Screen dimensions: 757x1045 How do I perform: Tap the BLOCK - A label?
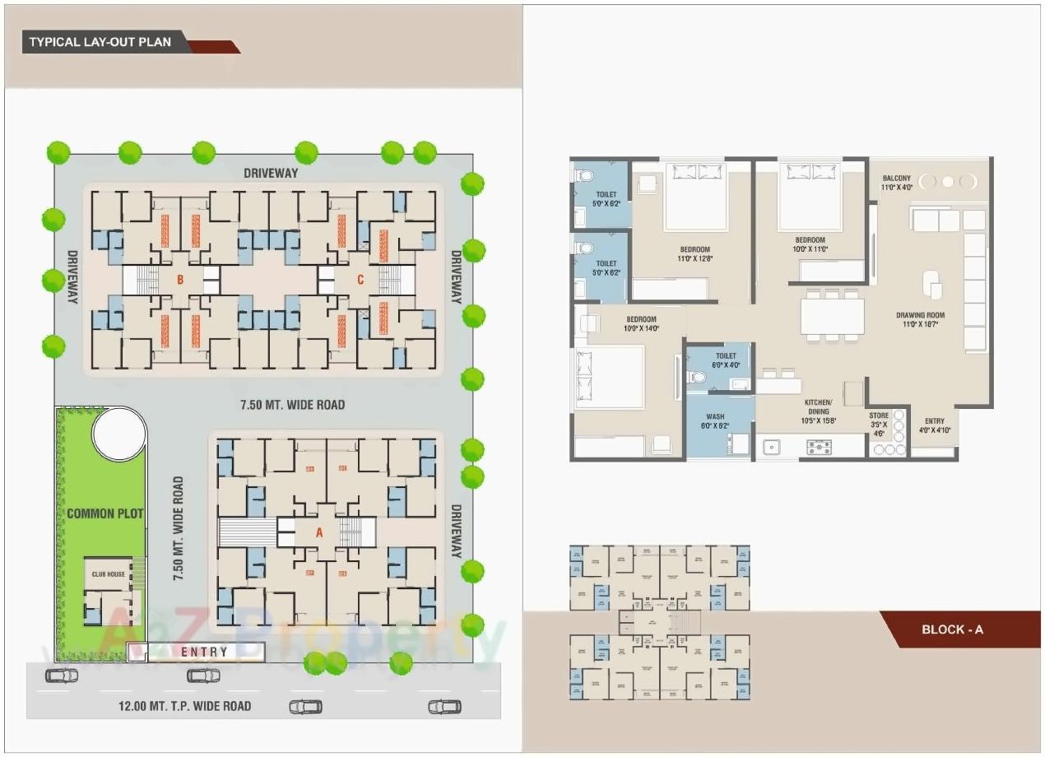[952, 629]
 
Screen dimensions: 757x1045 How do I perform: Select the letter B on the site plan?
[179, 280]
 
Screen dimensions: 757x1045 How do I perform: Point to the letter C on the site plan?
[360, 280]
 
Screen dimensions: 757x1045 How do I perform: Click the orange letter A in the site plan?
[319, 532]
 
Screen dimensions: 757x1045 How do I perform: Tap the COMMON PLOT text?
[105, 513]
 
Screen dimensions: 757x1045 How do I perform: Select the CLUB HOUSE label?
[109, 574]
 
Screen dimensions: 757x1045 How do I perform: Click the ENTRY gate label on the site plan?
[204, 652]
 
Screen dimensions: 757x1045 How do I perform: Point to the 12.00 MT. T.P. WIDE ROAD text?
[184, 706]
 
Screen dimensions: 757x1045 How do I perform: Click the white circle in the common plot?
[119, 433]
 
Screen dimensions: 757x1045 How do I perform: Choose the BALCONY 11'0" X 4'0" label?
[897, 183]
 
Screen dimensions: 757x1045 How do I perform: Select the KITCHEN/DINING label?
[820, 409]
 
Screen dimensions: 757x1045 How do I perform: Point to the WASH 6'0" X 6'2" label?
[715, 421]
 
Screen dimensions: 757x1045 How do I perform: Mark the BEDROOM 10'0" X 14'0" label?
[641, 323]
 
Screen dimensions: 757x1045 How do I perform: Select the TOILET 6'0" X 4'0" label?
[726, 360]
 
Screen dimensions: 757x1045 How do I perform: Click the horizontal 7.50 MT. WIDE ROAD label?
[292, 405]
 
